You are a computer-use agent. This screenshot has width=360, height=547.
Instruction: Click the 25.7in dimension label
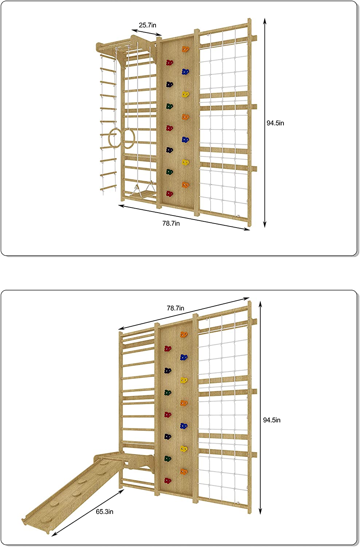(147, 25)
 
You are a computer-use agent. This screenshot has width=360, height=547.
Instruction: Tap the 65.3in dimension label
(105, 512)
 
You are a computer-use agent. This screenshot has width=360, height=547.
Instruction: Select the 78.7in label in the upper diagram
(171, 223)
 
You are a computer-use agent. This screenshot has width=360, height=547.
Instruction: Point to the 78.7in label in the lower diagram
(175, 308)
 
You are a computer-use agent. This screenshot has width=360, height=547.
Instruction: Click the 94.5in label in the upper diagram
(275, 123)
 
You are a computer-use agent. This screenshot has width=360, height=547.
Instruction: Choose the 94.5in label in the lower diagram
(272, 420)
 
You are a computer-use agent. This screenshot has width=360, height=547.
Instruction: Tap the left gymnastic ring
(114, 138)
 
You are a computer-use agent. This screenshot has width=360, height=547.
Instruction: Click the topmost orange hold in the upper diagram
(185, 49)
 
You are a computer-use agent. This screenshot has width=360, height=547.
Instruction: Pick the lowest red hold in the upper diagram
(169, 194)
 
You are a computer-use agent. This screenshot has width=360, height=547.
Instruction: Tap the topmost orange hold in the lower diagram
(183, 334)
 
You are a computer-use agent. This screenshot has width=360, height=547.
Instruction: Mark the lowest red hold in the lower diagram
(168, 481)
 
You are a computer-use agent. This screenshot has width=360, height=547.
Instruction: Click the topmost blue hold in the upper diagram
(185, 72)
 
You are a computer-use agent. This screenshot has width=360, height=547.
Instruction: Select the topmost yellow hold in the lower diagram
(184, 380)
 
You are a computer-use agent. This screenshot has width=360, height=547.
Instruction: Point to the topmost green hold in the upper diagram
(169, 106)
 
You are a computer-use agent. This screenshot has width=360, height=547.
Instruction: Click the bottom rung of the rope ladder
(108, 188)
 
